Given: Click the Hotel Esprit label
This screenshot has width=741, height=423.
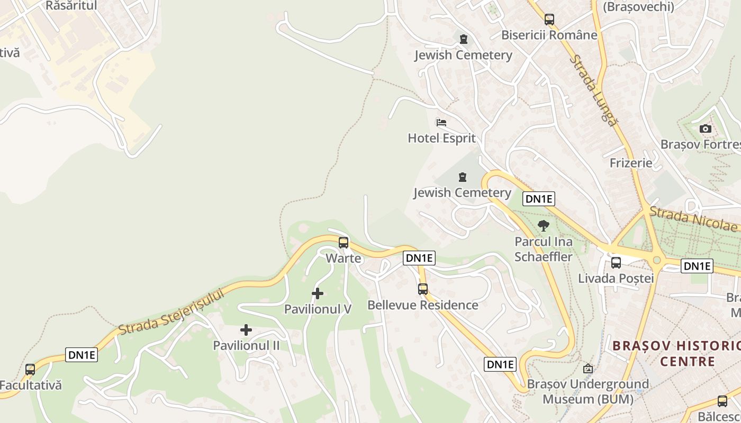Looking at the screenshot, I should point(441,139).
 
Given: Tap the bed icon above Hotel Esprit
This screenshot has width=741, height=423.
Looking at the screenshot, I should point(441,123).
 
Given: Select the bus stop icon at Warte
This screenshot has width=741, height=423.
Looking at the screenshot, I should point(344,243).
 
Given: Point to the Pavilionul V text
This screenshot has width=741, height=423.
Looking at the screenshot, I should point(318,309).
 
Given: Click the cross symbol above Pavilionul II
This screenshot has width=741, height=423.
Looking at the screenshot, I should point(246,330).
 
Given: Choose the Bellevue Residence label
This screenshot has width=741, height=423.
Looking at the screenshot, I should point(422,305).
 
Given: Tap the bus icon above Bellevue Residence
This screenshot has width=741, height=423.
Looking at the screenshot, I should point(422,289).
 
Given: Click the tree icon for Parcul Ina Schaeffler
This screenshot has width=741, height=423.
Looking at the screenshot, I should point(543,226).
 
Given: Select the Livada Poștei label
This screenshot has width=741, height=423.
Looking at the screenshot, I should point(616,278).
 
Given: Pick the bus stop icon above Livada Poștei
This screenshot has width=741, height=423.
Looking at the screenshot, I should point(616,263).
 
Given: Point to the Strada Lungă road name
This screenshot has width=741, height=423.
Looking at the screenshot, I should point(594,90).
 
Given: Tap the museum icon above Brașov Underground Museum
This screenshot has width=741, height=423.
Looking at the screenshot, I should point(588,369).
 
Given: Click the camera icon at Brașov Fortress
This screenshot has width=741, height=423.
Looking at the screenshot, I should point(705,128).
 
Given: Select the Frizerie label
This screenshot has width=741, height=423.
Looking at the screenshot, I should point(631,163).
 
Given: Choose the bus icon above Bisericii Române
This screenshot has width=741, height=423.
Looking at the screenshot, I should point(549,20).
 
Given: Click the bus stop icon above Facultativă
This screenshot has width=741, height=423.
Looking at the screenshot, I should point(30,370).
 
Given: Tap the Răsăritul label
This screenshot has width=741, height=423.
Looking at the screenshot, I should point(71,5).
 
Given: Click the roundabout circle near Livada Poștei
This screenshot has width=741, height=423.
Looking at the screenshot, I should point(657,260).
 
